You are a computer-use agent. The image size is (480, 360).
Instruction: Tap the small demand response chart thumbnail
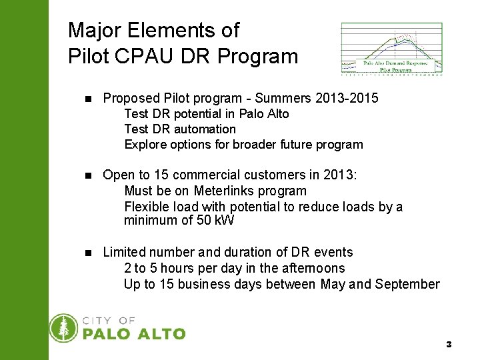pyautogui.click(x=391, y=49)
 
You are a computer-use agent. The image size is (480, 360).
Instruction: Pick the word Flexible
pyautogui.click(x=147, y=207)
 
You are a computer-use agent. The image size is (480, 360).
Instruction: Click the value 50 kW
pyautogui.click(x=215, y=221)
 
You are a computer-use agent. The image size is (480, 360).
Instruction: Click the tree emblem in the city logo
pyautogui.click(x=64, y=328)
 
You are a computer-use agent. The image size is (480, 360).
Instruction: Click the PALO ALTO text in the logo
pyautogui.click(x=134, y=333)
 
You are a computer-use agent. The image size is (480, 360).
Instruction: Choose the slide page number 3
pyautogui.click(x=449, y=345)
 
